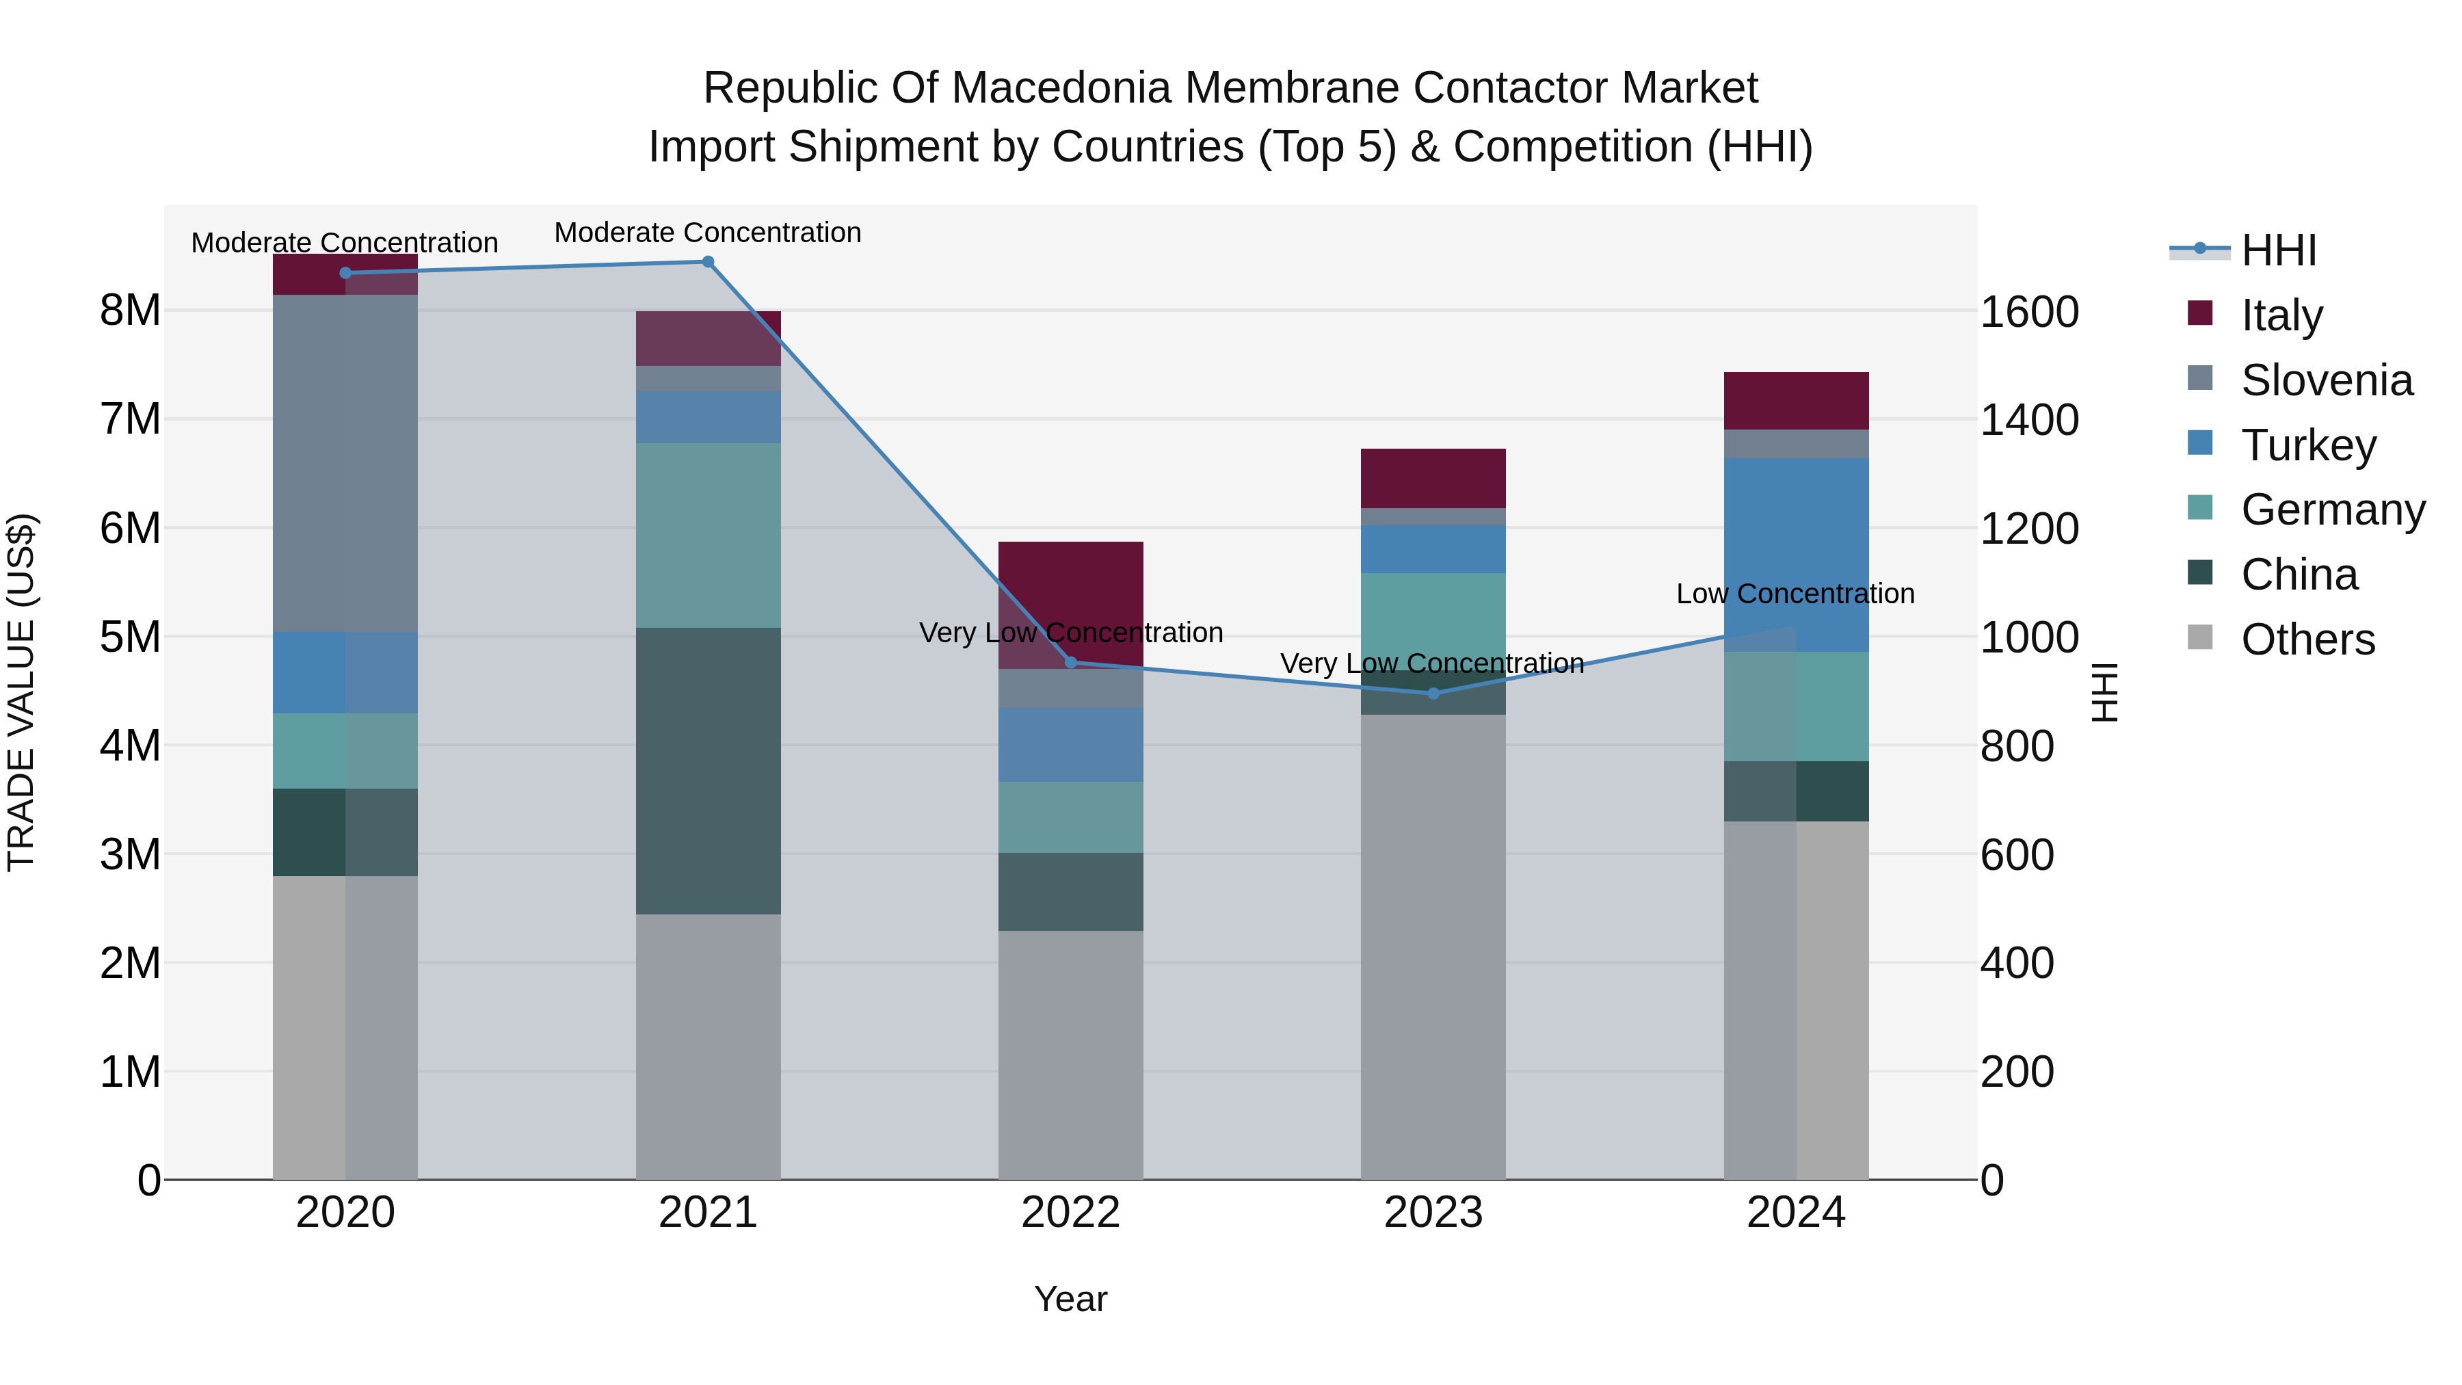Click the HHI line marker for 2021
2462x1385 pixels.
709,262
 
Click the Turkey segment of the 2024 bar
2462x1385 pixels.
1796,555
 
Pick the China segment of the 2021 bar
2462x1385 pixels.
709,770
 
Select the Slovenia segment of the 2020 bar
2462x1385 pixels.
345,464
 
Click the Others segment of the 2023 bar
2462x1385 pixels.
1433,947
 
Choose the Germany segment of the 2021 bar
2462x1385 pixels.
709,536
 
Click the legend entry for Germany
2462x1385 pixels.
2332,510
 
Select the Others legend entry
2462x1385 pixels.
2307,639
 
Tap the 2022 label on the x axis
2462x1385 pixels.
1070,1213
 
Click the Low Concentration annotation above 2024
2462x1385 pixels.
1795,594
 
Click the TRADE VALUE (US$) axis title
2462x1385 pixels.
21,692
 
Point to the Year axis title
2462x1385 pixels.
1070,1299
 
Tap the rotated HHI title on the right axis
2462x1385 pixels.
2104,692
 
